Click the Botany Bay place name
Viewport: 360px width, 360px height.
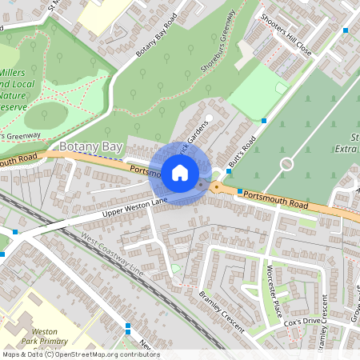point(91,146)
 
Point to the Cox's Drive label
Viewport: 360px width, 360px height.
point(302,322)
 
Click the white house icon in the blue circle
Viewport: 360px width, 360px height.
point(180,172)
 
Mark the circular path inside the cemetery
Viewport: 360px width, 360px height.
point(286,164)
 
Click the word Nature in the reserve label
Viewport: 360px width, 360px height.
point(17,94)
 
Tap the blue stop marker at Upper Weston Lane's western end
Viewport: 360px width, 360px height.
point(14,232)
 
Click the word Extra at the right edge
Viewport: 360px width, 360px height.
point(345,149)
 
